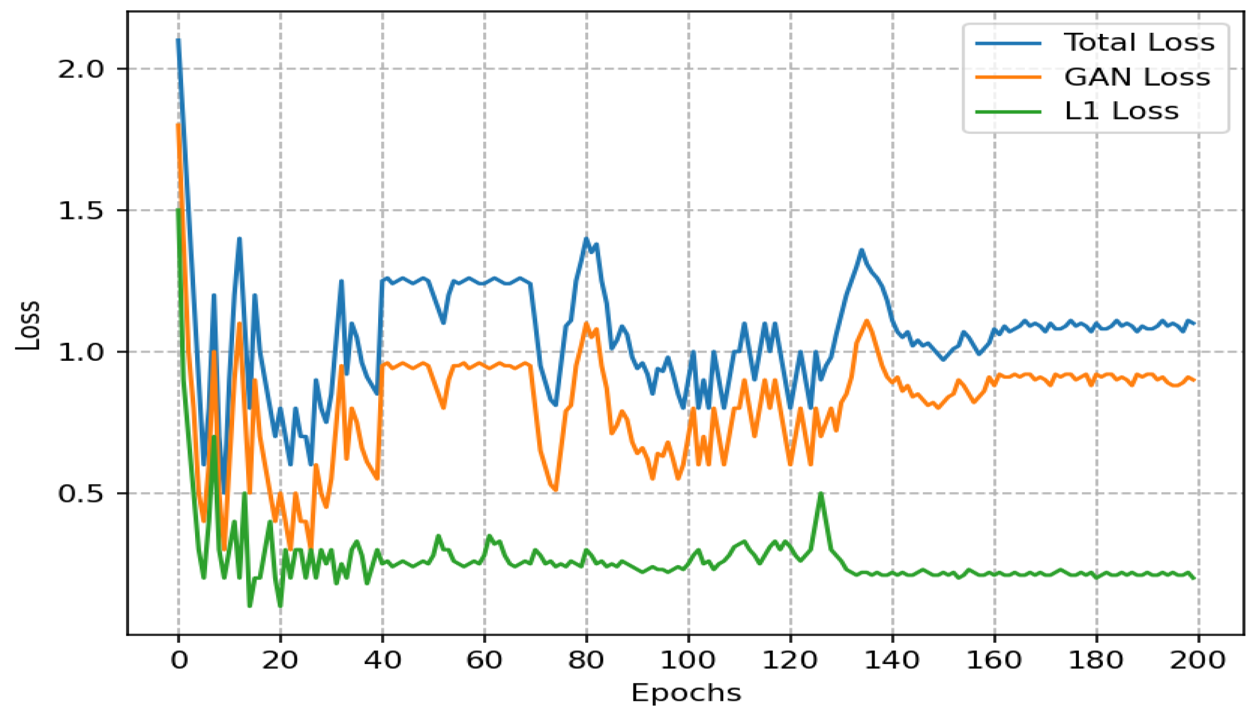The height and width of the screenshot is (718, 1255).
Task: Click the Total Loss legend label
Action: (1139, 43)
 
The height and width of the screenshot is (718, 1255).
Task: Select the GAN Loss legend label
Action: (1137, 77)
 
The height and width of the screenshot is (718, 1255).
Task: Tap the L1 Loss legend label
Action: (1121, 111)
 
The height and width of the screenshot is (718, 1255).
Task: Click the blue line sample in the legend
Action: (1008, 43)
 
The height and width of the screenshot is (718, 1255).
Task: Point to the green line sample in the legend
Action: (1008, 111)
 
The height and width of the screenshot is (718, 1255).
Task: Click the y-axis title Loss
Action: (28, 325)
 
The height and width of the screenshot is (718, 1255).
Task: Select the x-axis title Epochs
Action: (686, 693)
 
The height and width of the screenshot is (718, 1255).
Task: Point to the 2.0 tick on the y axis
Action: (80, 69)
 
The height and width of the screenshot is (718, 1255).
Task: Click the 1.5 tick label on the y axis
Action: (80, 211)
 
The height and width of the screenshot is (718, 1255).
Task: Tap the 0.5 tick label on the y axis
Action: (80, 493)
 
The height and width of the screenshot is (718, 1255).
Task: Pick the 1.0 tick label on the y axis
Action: (80, 352)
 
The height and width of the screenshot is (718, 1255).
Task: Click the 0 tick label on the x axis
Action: (179, 661)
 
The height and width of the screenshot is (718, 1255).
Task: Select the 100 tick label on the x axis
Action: (688, 661)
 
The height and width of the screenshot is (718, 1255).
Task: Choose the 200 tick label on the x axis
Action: (1198, 661)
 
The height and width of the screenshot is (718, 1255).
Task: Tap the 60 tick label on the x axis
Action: (484, 661)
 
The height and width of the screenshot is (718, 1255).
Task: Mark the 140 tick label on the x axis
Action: (892, 661)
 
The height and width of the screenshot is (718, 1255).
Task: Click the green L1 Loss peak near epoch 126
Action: (821, 493)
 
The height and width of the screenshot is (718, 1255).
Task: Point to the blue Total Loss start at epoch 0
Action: (178, 40)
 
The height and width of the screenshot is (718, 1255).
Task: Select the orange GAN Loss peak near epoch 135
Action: (867, 321)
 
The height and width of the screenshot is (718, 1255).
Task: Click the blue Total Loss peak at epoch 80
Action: (586, 238)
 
